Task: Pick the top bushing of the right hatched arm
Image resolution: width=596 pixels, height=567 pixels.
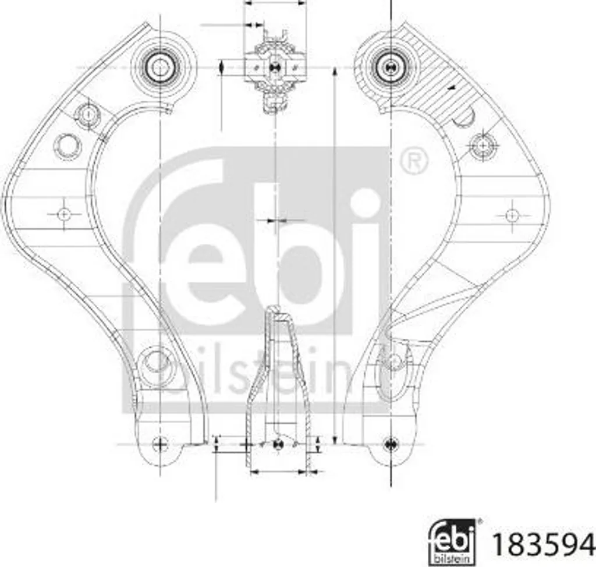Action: [388, 68]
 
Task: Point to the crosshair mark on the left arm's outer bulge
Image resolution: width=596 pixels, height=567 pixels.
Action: [64, 214]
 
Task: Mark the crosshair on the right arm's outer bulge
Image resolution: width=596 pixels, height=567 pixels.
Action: [512, 215]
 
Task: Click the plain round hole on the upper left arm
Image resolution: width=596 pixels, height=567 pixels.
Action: [68, 146]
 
